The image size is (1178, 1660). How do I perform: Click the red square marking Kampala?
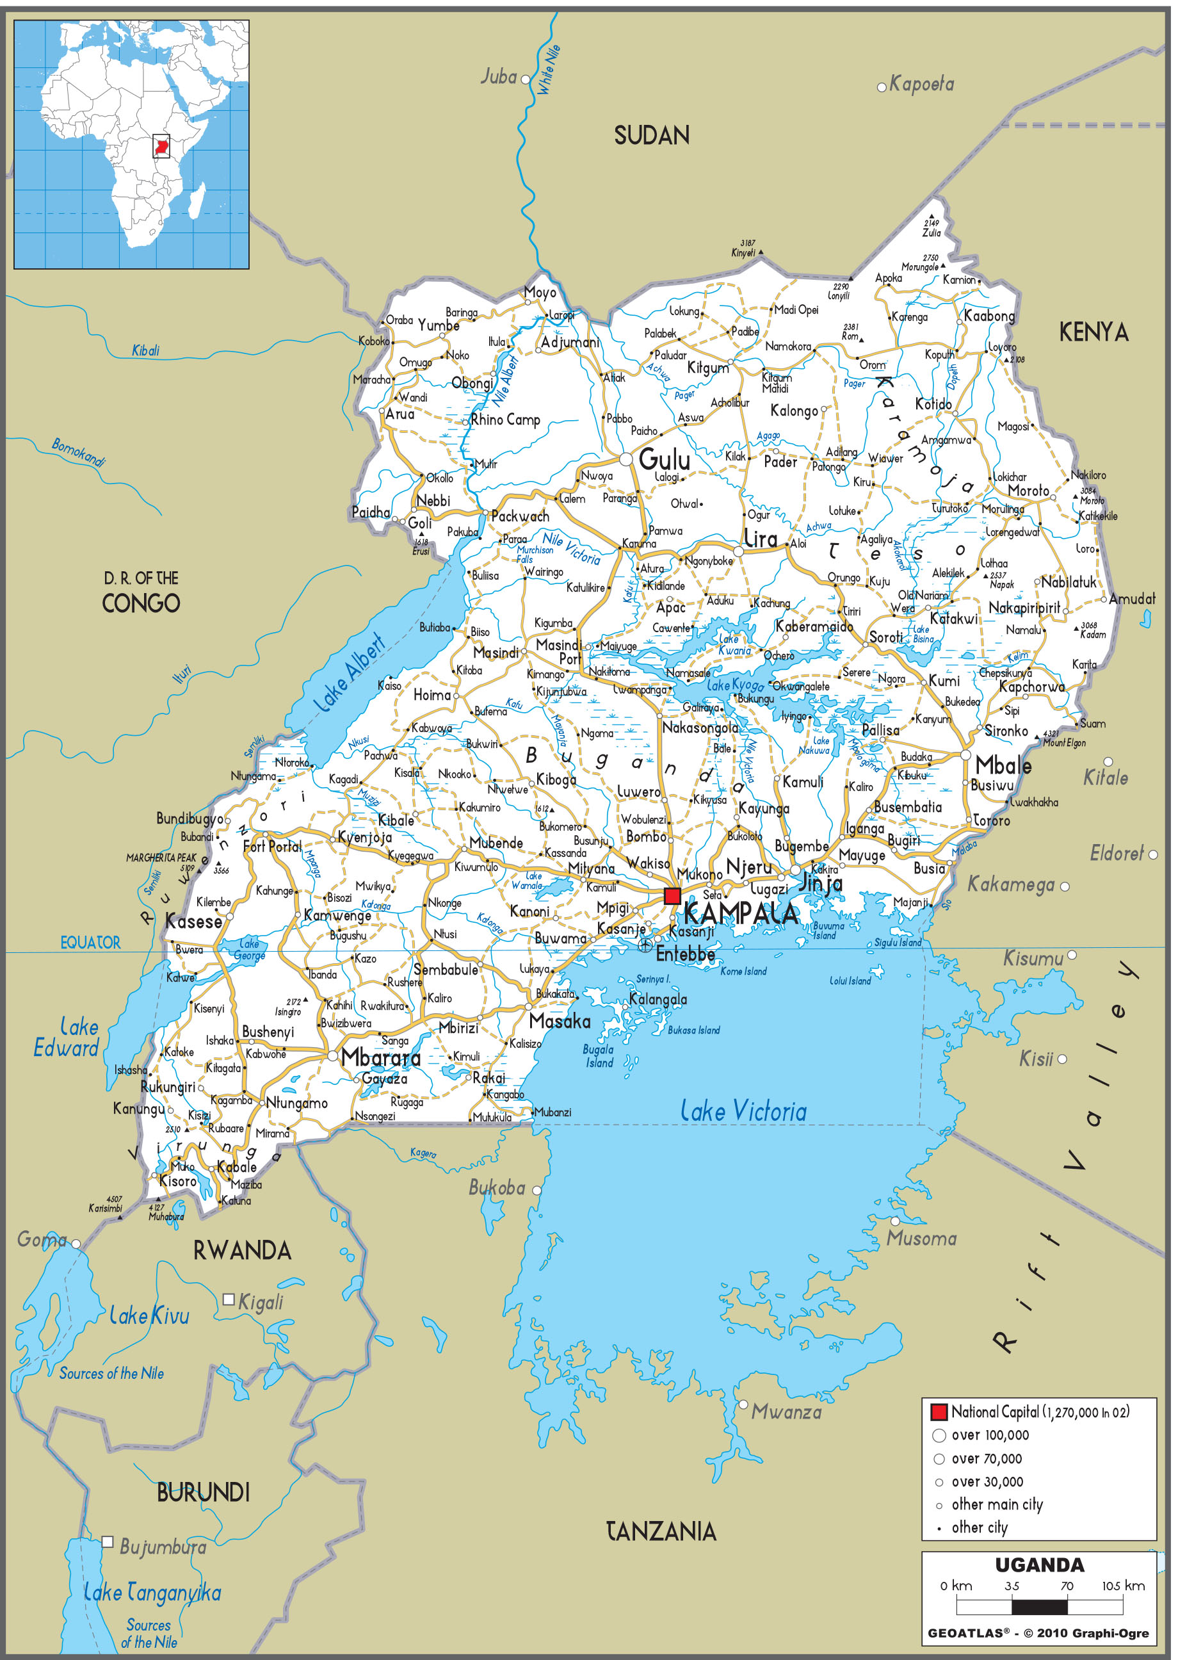coord(672,895)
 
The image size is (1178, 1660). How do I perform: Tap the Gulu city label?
coord(665,459)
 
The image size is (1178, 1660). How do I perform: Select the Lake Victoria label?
coord(743,1111)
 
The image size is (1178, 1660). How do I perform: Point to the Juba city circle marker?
coord(526,78)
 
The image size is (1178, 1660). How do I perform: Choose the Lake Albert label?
coord(349,672)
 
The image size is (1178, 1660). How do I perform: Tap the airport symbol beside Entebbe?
coord(645,945)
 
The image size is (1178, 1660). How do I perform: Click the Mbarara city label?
coord(381,1057)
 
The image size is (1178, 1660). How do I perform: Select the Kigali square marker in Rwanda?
coord(228,1299)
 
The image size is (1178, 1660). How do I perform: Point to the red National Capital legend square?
coord(939,1412)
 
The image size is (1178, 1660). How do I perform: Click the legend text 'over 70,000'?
coord(987,1458)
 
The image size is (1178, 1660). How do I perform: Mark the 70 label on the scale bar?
coord(1067,1585)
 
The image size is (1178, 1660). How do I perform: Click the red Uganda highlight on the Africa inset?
coord(161,146)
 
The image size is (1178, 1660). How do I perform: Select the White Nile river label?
coord(549,70)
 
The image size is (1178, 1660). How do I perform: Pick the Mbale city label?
coord(1003,765)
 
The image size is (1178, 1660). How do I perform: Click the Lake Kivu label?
coord(149,1315)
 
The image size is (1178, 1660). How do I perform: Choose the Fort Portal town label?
coord(272,846)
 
